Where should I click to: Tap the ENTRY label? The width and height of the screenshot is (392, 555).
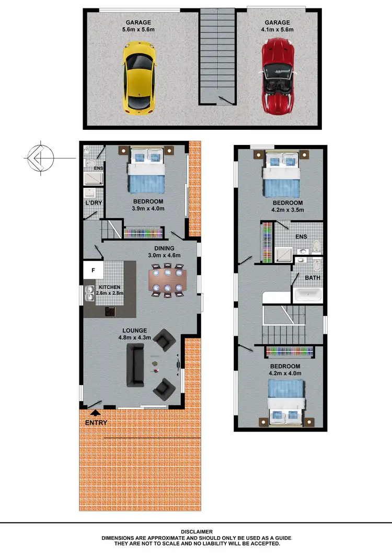96,423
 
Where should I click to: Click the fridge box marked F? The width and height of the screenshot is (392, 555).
93,270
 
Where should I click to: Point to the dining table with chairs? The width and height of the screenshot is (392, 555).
167,281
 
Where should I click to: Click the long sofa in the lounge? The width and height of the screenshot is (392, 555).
135,366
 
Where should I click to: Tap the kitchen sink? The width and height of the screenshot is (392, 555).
89,297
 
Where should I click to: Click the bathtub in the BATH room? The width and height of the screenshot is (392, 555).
308,295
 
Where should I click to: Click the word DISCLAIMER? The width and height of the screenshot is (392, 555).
196,531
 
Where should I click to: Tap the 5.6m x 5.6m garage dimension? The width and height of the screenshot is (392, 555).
139,29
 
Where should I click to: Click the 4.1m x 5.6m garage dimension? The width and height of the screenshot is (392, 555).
277,29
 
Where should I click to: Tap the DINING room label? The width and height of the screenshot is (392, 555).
164,248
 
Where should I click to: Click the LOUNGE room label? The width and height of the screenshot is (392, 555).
134,331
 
